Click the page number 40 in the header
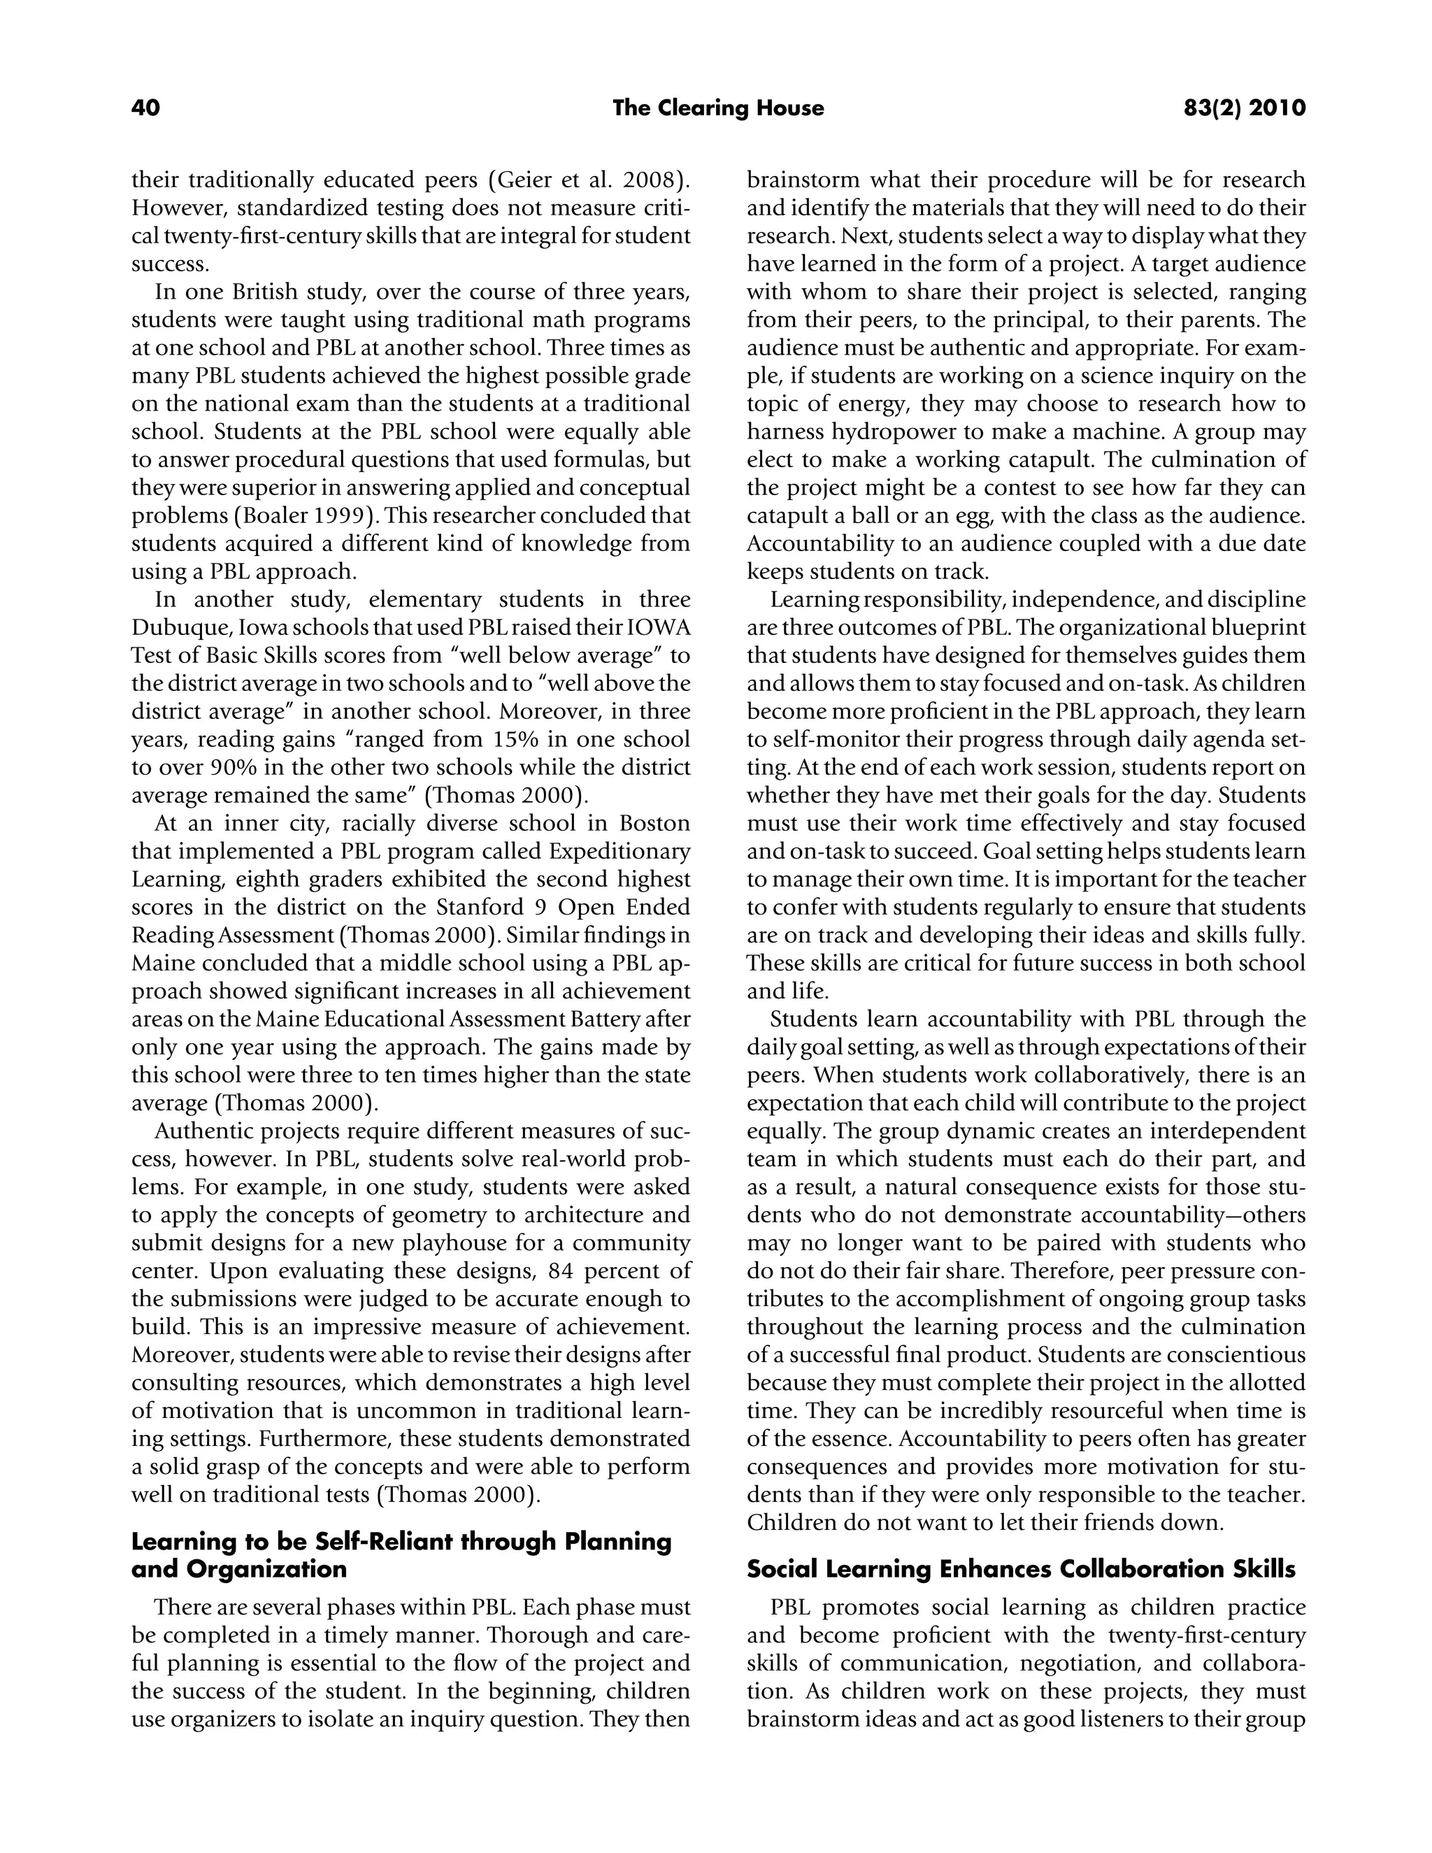point(145,108)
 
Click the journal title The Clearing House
point(717,108)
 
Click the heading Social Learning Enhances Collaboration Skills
point(1021,1570)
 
